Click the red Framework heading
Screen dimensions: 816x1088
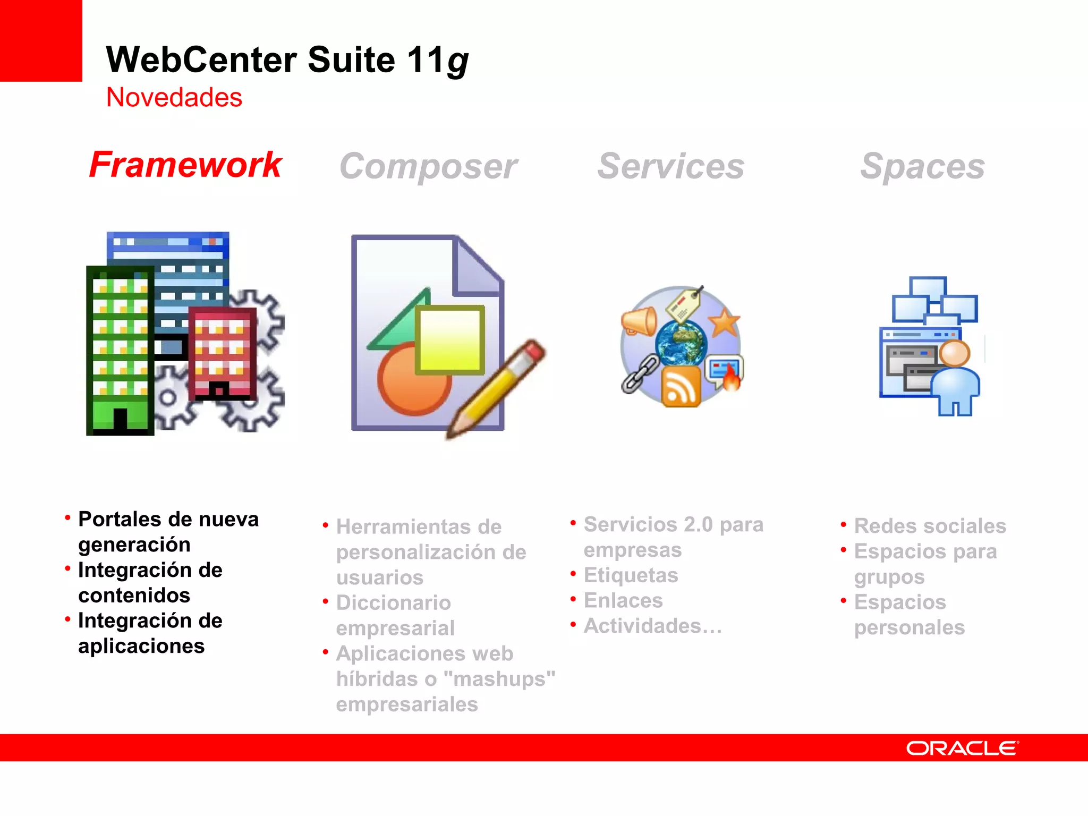pyautogui.click(x=185, y=165)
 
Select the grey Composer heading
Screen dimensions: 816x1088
pyautogui.click(x=428, y=166)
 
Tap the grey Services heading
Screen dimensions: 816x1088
pyautogui.click(x=670, y=166)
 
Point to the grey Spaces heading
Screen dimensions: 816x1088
pyautogui.click(x=922, y=166)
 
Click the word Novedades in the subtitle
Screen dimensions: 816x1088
pyautogui.click(x=174, y=98)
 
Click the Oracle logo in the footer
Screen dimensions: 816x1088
pyautogui.click(x=962, y=748)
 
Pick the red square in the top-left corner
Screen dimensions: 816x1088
pyautogui.click(x=40, y=40)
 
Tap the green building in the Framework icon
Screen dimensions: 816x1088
pyautogui.click(x=120, y=351)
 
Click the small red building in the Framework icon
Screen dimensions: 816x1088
pyautogui.click(x=222, y=353)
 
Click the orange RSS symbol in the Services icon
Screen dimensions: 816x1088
pyautogui.click(x=681, y=387)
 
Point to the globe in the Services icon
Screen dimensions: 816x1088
pyautogui.click(x=681, y=343)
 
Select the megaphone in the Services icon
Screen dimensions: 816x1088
pyautogui.click(x=639, y=322)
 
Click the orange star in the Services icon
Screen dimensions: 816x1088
pyautogui.click(x=724, y=322)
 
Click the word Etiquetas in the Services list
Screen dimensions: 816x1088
pyautogui.click(x=631, y=575)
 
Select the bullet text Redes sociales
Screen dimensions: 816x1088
pyautogui.click(x=930, y=526)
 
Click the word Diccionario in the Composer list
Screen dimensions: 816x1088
pyautogui.click(x=394, y=603)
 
